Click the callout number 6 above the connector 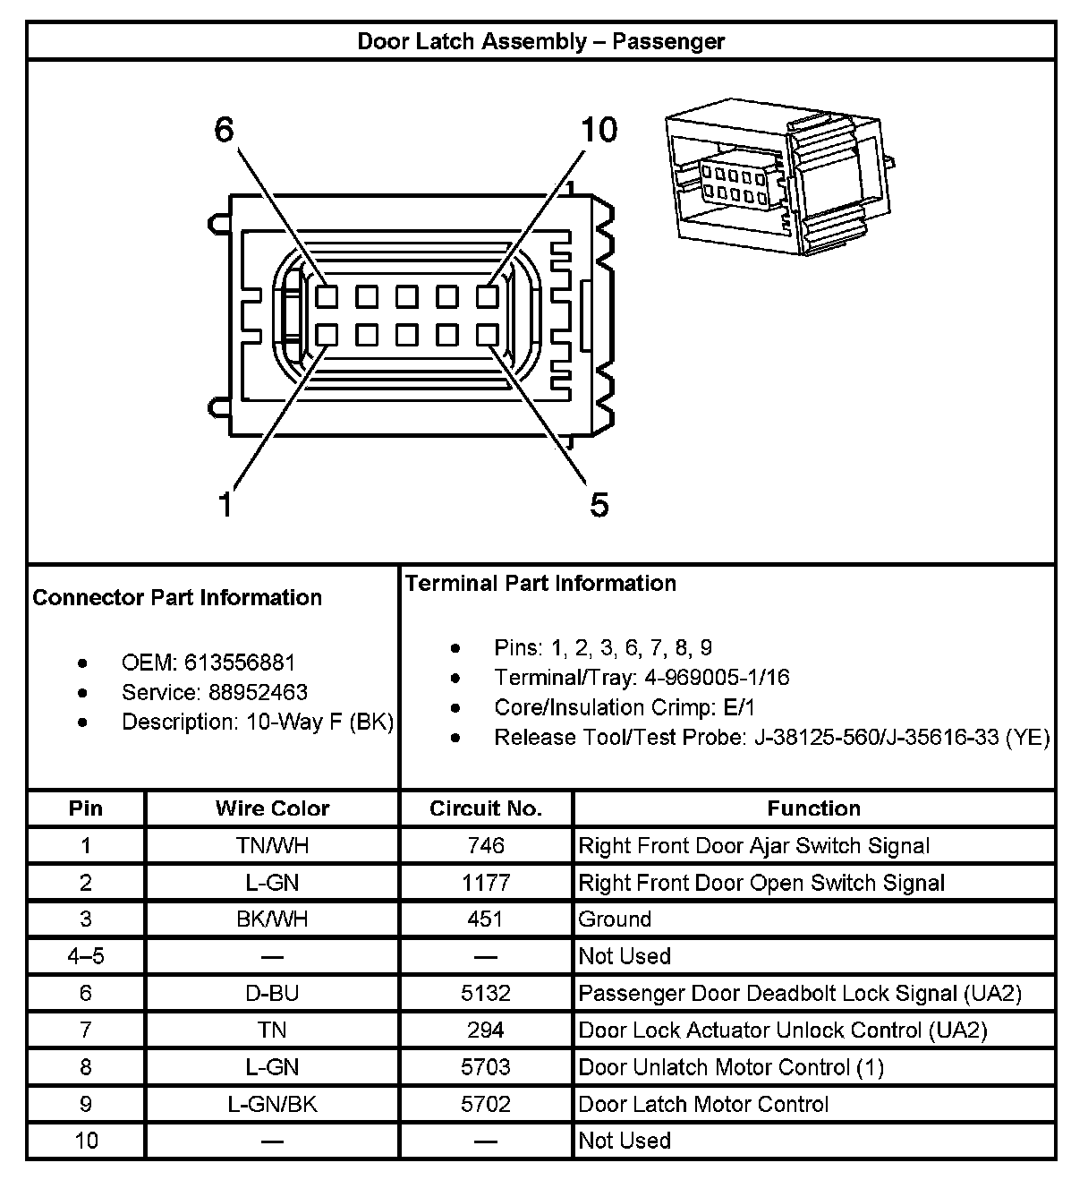[224, 131]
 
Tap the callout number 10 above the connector [599, 131]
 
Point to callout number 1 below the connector [226, 505]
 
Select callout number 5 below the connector [599, 505]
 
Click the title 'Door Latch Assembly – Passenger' [540, 41]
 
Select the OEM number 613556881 [239, 663]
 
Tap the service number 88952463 [258, 692]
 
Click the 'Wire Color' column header [272, 808]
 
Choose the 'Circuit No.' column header [486, 808]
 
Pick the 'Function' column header [813, 808]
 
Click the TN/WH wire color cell [272, 846]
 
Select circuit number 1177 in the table [486, 883]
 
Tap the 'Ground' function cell [615, 919]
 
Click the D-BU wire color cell [272, 993]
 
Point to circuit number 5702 [486, 1104]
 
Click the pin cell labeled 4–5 [86, 956]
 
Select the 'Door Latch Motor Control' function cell [703, 1104]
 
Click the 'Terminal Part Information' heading [540, 584]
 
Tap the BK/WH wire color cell [272, 919]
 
